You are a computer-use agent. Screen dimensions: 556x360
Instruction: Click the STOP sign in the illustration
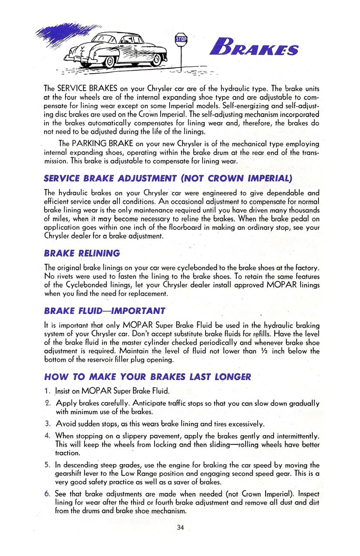(x=181, y=39)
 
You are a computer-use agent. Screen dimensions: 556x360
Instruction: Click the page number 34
(x=181, y=528)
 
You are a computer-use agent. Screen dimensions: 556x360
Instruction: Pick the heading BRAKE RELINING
(x=82, y=253)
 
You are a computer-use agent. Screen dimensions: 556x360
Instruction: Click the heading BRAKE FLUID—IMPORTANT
(x=105, y=311)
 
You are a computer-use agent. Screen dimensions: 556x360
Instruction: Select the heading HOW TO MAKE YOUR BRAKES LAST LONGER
(x=147, y=377)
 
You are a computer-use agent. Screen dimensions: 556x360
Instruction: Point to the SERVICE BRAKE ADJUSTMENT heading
(x=168, y=178)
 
